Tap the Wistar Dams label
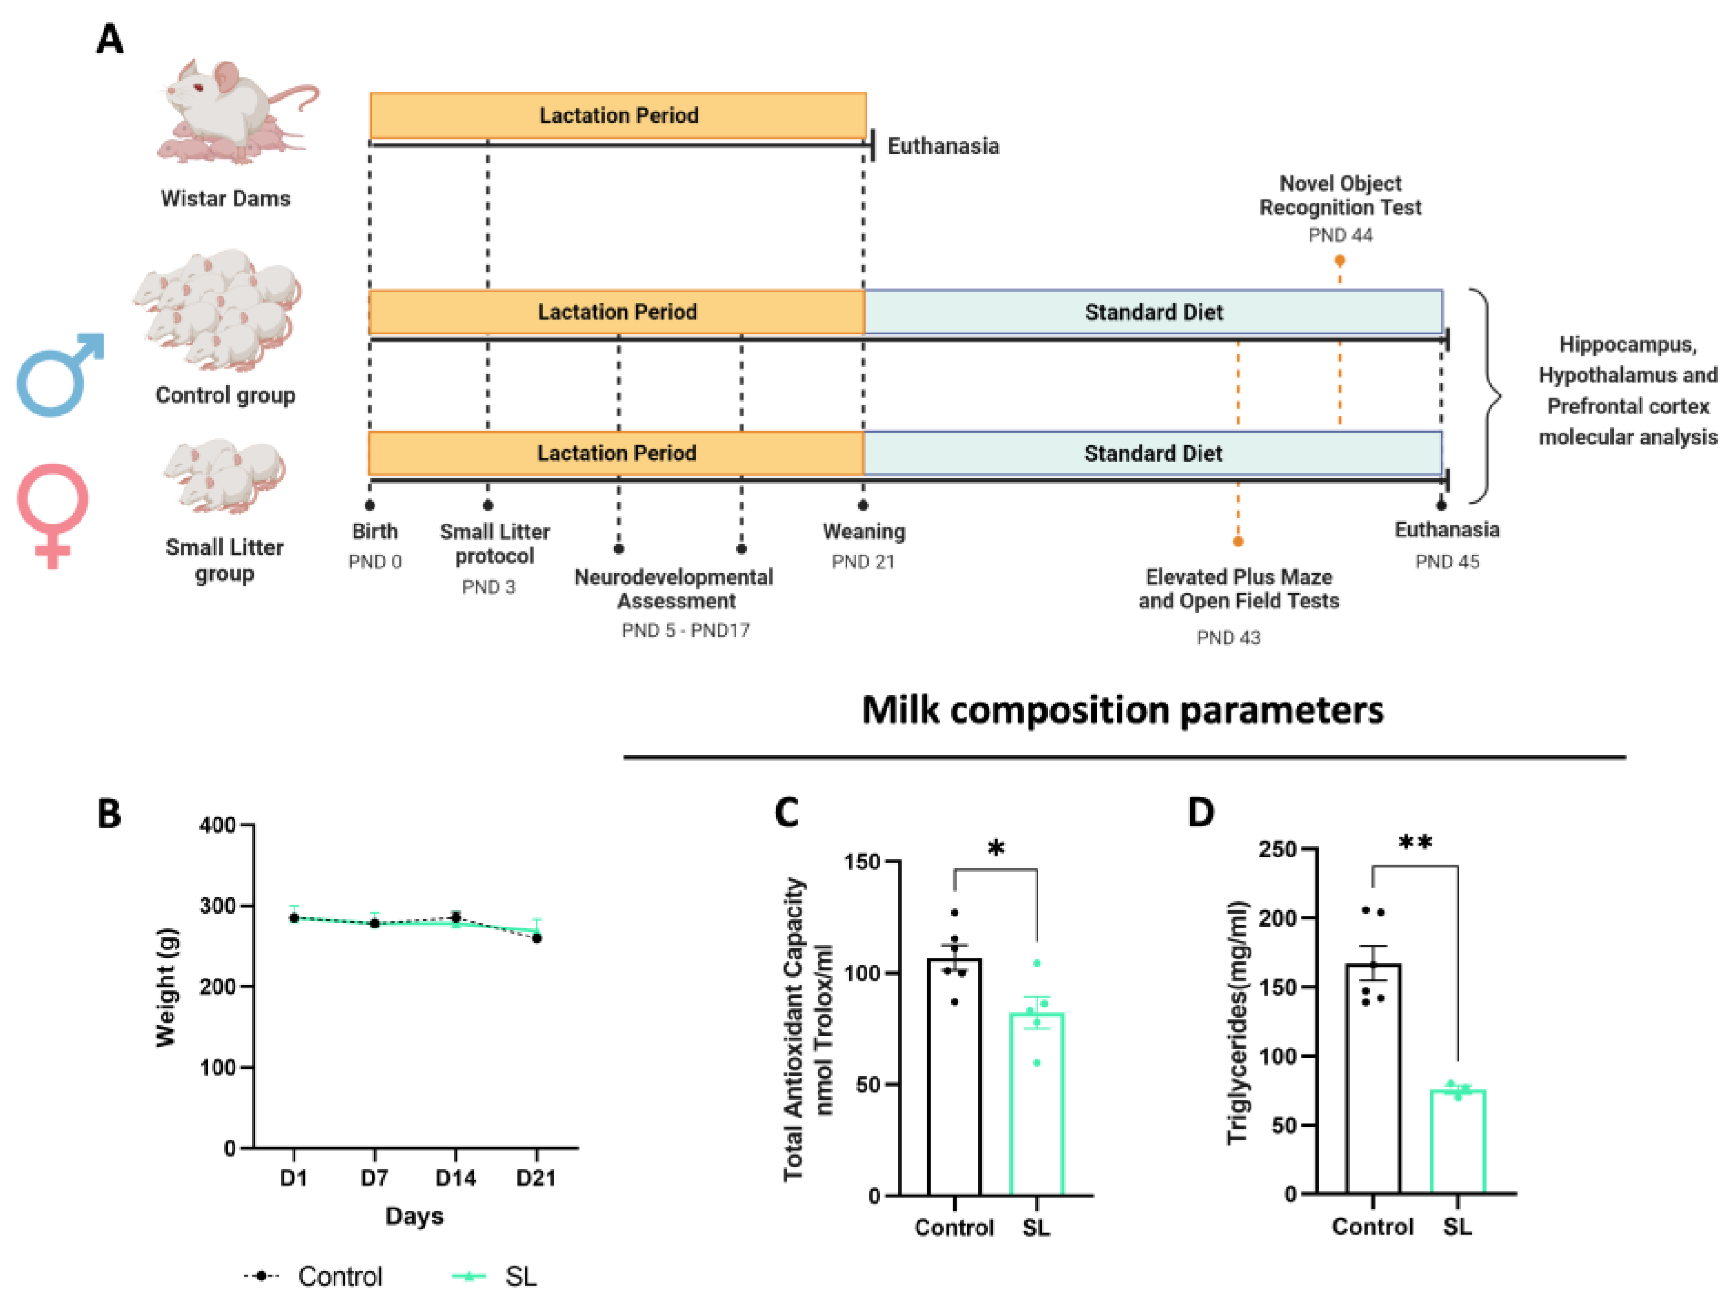tap(225, 198)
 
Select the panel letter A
tap(110, 39)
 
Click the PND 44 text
tap(1340, 235)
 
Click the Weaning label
tap(863, 532)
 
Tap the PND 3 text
tap(488, 587)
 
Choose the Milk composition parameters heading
tap(1122, 710)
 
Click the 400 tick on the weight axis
tap(217, 825)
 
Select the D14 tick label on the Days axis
tap(455, 1178)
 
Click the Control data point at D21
tap(537, 938)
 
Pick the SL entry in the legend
tap(520, 1277)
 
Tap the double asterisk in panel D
tap(1415, 844)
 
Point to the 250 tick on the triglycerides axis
tap(1276, 850)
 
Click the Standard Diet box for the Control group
tap(1153, 312)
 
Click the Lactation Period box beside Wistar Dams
tap(618, 115)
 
